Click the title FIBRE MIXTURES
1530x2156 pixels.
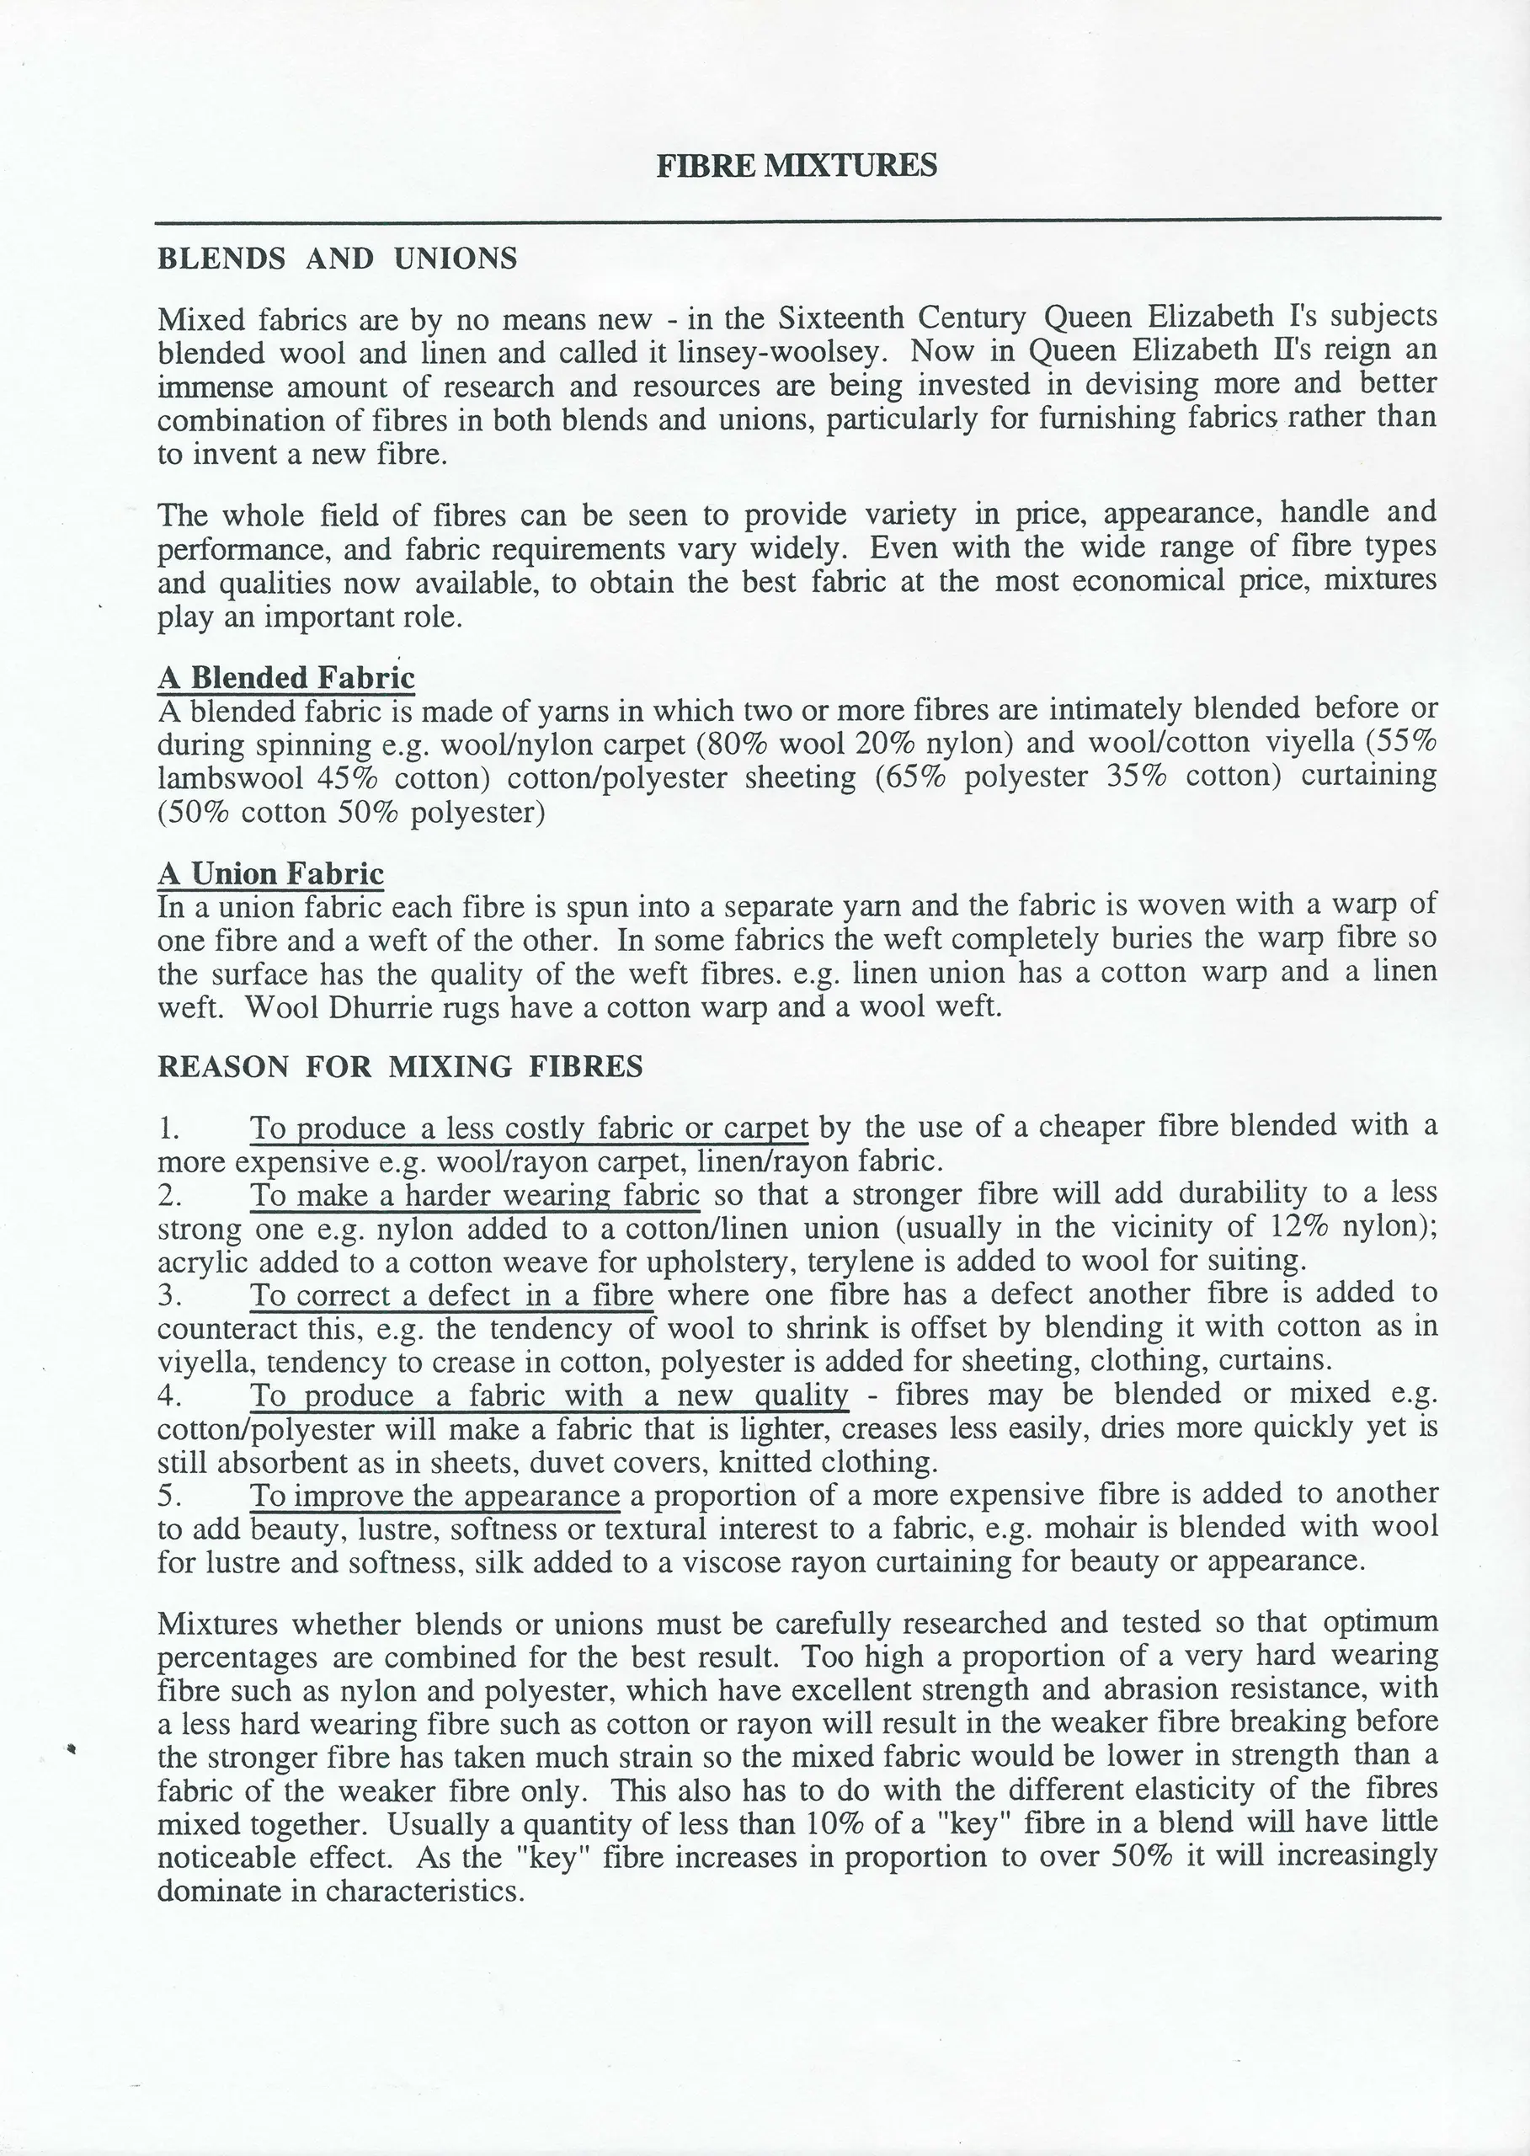pos(796,166)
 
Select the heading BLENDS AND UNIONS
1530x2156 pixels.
pos(338,259)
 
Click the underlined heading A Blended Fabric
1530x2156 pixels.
pos(285,677)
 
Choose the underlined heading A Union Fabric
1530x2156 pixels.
pos(270,873)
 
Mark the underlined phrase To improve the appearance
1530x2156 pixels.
pos(434,1496)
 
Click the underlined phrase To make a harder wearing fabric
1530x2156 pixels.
pos(474,1195)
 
